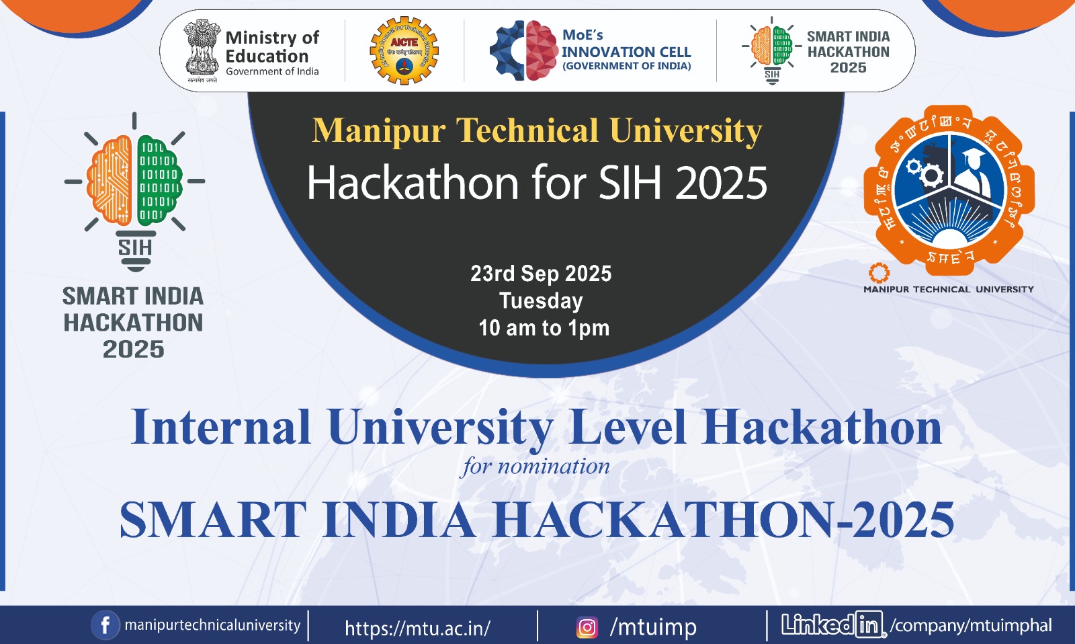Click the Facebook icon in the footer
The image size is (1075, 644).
coord(105,626)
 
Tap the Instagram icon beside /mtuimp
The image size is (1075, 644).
coord(587,627)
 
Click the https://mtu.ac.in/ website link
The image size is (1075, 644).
coord(417,629)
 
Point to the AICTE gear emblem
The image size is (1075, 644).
coord(404,51)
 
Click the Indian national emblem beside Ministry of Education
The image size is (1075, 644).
coord(202,48)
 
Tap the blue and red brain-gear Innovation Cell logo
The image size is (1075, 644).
coord(523,50)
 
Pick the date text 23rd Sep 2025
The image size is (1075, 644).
coord(541,274)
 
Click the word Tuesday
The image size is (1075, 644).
coord(541,300)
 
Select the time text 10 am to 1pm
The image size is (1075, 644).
coord(544,328)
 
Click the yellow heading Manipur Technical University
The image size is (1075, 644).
coord(537,130)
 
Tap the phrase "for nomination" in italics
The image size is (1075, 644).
coord(535,466)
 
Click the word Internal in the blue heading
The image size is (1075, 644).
coord(221,428)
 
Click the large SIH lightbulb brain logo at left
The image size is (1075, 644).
coord(134,185)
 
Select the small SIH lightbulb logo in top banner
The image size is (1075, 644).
coord(772,50)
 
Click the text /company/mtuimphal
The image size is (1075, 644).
coord(971,626)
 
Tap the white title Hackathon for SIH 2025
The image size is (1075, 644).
coord(537,183)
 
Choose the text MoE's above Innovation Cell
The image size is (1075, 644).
coord(583,35)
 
